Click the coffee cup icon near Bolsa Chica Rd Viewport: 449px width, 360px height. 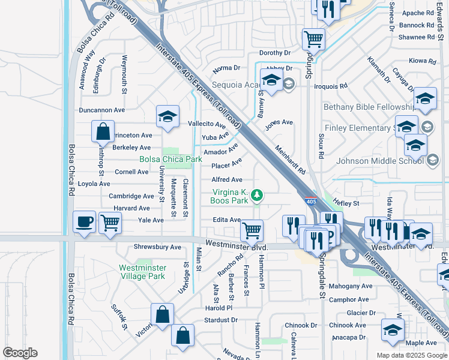click(85, 221)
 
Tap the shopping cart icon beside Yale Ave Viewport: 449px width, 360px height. click(110, 223)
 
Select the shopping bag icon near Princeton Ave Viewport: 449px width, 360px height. click(103, 131)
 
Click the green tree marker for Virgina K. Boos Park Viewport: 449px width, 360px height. click(256, 194)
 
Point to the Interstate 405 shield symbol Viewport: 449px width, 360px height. click(310, 202)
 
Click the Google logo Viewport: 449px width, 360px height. click(20, 353)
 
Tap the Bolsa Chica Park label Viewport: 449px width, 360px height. click(170, 159)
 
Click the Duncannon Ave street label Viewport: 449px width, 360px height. click(101, 110)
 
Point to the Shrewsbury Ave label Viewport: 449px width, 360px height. click(157, 247)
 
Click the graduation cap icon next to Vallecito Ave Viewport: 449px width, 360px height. click(167, 117)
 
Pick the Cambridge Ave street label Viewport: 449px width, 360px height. click(131, 196)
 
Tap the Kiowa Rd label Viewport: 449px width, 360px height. click(422, 61)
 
